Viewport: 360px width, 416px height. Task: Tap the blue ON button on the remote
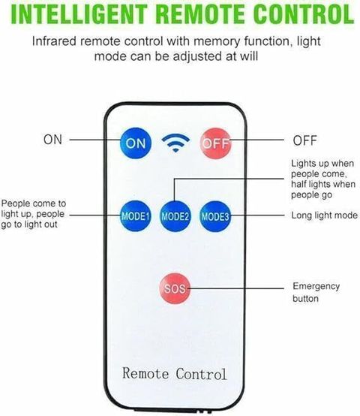(x=135, y=143)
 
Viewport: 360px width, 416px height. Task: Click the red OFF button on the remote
(x=215, y=143)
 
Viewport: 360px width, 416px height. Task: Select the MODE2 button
(x=175, y=216)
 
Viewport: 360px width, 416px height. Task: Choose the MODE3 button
(x=215, y=216)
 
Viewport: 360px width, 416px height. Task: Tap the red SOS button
(x=175, y=288)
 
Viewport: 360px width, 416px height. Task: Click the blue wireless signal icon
(x=175, y=143)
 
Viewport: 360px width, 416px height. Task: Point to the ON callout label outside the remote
(x=52, y=140)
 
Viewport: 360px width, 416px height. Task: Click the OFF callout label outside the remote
(x=304, y=140)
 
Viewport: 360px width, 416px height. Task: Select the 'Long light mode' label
(x=324, y=216)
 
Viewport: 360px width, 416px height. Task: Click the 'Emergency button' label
(x=316, y=292)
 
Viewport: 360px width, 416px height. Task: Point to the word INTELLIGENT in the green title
(x=79, y=14)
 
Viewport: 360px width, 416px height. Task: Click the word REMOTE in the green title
(x=200, y=14)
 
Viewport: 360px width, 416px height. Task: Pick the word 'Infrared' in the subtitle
(x=54, y=41)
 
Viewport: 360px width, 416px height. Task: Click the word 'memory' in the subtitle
(x=216, y=42)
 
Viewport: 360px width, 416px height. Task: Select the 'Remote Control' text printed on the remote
(x=175, y=374)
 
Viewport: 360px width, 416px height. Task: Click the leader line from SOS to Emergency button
(x=235, y=288)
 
